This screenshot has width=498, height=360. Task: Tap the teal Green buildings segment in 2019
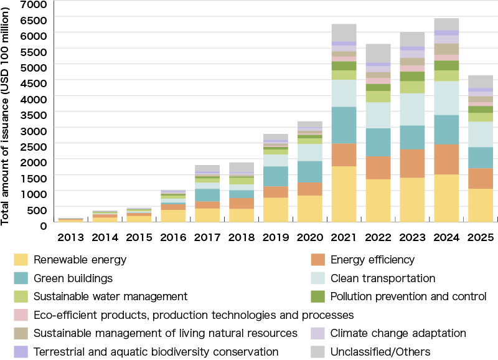pyautogui.click(x=276, y=176)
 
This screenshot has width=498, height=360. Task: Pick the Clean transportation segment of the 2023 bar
pyautogui.click(x=413, y=109)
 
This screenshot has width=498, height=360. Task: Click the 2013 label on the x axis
pyautogui.click(x=70, y=237)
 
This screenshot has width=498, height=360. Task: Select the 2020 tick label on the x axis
pyautogui.click(x=310, y=237)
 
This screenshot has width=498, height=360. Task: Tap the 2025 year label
pyautogui.click(x=481, y=237)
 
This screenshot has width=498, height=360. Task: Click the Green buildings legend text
pyautogui.click(x=73, y=278)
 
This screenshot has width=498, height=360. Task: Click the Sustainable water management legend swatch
pyautogui.click(x=21, y=296)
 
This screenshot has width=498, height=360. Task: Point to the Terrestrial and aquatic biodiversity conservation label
pyautogui.click(x=156, y=352)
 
